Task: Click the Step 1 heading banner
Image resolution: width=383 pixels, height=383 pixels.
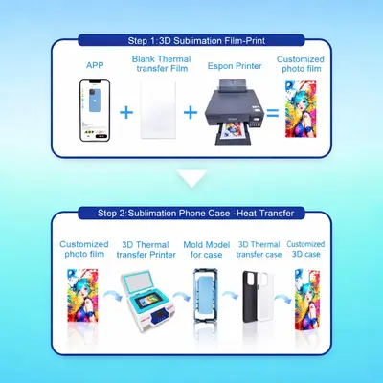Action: coord(191,40)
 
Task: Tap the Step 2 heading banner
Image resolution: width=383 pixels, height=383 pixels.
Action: coord(191,214)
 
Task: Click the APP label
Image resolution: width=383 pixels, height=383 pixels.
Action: coord(95,65)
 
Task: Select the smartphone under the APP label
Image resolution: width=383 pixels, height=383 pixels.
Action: coord(95,110)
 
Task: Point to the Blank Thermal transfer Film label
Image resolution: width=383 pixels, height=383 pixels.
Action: coord(162,63)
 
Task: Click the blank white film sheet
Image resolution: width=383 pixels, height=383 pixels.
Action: coord(158,109)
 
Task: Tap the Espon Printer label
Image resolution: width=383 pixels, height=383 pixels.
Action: coord(235,66)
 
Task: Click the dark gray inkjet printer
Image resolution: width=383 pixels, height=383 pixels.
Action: coord(236,112)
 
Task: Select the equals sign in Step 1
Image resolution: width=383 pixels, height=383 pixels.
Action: coord(273,113)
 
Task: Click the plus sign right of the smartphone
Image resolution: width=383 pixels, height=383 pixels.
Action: coord(126,112)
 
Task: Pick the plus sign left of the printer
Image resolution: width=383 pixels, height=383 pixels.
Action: coord(191,112)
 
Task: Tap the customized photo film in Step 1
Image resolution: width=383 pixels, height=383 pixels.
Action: coord(301,109)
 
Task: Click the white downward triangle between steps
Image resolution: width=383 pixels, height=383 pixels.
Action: coord(192,177)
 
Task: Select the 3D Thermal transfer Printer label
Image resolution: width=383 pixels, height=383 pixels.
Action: coord(146,250)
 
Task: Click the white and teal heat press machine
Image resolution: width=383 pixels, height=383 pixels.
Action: coord(148,302)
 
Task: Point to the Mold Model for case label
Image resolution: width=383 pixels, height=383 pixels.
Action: coord(207,250)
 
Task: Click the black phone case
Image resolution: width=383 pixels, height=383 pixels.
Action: coord(251,297)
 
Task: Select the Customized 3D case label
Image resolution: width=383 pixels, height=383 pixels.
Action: coord(305,249)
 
